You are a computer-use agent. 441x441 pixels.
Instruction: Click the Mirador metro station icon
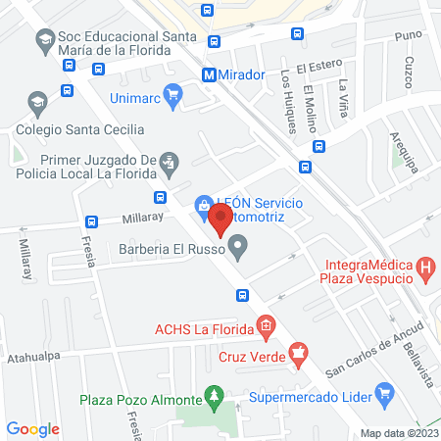click(x=209, y=74)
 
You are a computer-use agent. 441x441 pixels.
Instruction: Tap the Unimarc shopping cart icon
click(x=174, y=95)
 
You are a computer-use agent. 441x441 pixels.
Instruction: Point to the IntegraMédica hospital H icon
click(x=424, y=266)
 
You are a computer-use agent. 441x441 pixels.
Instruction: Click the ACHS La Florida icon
click(x=263, y=326)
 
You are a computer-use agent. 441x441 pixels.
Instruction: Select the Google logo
click(x=32, y=429)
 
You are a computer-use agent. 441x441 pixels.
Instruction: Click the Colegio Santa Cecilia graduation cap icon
click(x=36, y=102)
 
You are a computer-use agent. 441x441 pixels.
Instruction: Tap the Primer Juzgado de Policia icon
click(x=169, y=160)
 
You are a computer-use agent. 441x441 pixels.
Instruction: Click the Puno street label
click(x=408, y=35)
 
